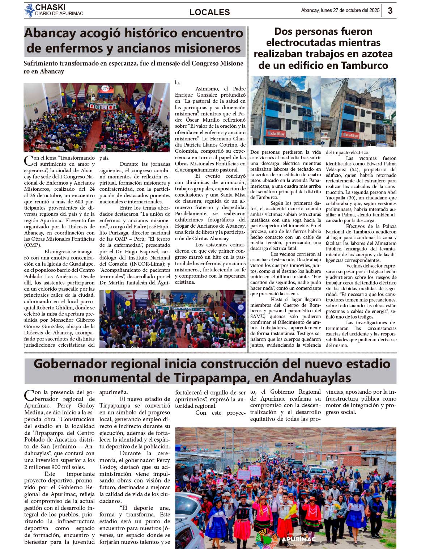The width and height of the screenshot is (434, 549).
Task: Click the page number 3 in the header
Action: point(390,10)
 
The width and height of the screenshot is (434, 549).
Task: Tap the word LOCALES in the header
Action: point(209,12)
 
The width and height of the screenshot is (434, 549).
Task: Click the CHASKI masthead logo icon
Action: point(29,10)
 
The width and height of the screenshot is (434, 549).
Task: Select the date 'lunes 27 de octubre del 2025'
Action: point(350,10)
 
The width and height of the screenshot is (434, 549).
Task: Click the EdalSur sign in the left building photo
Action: point(276,133)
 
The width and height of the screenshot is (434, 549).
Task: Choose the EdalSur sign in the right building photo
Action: point(350,135)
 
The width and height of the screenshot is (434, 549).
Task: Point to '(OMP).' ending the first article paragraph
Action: point(33,245)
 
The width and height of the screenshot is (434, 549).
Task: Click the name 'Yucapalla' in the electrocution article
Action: point(337,198)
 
